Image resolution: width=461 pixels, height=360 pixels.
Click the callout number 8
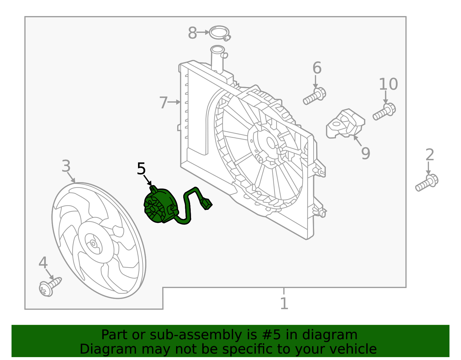(x=192, y=33)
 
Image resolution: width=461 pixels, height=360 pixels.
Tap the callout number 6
(x=317, y=68)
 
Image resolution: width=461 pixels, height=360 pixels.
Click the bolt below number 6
(x=315, y=96)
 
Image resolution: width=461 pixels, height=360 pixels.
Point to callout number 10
(x=388, y=84)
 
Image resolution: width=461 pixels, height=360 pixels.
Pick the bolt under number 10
(x=384, y=112)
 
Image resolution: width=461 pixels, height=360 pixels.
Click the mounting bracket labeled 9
(x=345, y=123)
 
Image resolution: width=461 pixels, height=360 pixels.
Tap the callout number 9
(x=366, y=153)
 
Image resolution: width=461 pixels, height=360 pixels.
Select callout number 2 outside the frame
(x=430, y=155)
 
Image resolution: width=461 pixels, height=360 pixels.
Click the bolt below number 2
(x=427, y=183)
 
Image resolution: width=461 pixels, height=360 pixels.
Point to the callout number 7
(x=163, y=103)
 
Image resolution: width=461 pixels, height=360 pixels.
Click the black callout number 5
(x=141, y=169)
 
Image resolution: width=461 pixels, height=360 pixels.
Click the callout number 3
(x=66, y=166)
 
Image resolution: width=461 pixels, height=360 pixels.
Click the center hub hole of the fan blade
(x=93, y=244)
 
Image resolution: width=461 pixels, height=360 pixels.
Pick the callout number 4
(x=43, y=263)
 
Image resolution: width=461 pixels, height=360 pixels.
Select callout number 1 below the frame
(x=284, y=303)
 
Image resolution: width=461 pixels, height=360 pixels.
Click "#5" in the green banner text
(x=271, y=335)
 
